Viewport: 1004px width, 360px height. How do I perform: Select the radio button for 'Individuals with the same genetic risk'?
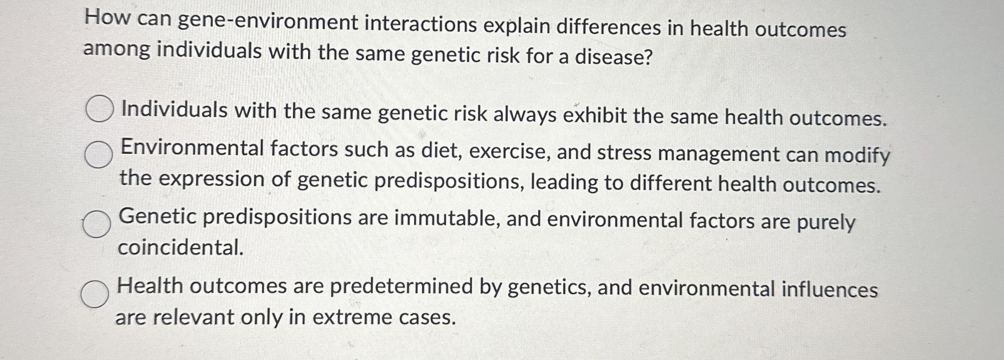tap(99, 109)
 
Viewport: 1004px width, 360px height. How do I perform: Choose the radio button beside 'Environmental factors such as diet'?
tap(98, 154)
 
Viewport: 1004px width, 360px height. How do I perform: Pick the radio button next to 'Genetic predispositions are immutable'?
tap(97, 224)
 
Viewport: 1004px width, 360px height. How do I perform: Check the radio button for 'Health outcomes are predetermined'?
tap(95, 294)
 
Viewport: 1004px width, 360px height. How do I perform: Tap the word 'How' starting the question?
tap(107, 18)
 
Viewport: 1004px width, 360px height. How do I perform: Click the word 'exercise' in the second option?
tap(510, 151)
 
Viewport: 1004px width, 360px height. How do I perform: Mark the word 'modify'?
tap(857, 156)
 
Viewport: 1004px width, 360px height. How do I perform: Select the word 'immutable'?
tap(447, 218)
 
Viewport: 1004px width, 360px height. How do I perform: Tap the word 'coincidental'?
tap(181, 247)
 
